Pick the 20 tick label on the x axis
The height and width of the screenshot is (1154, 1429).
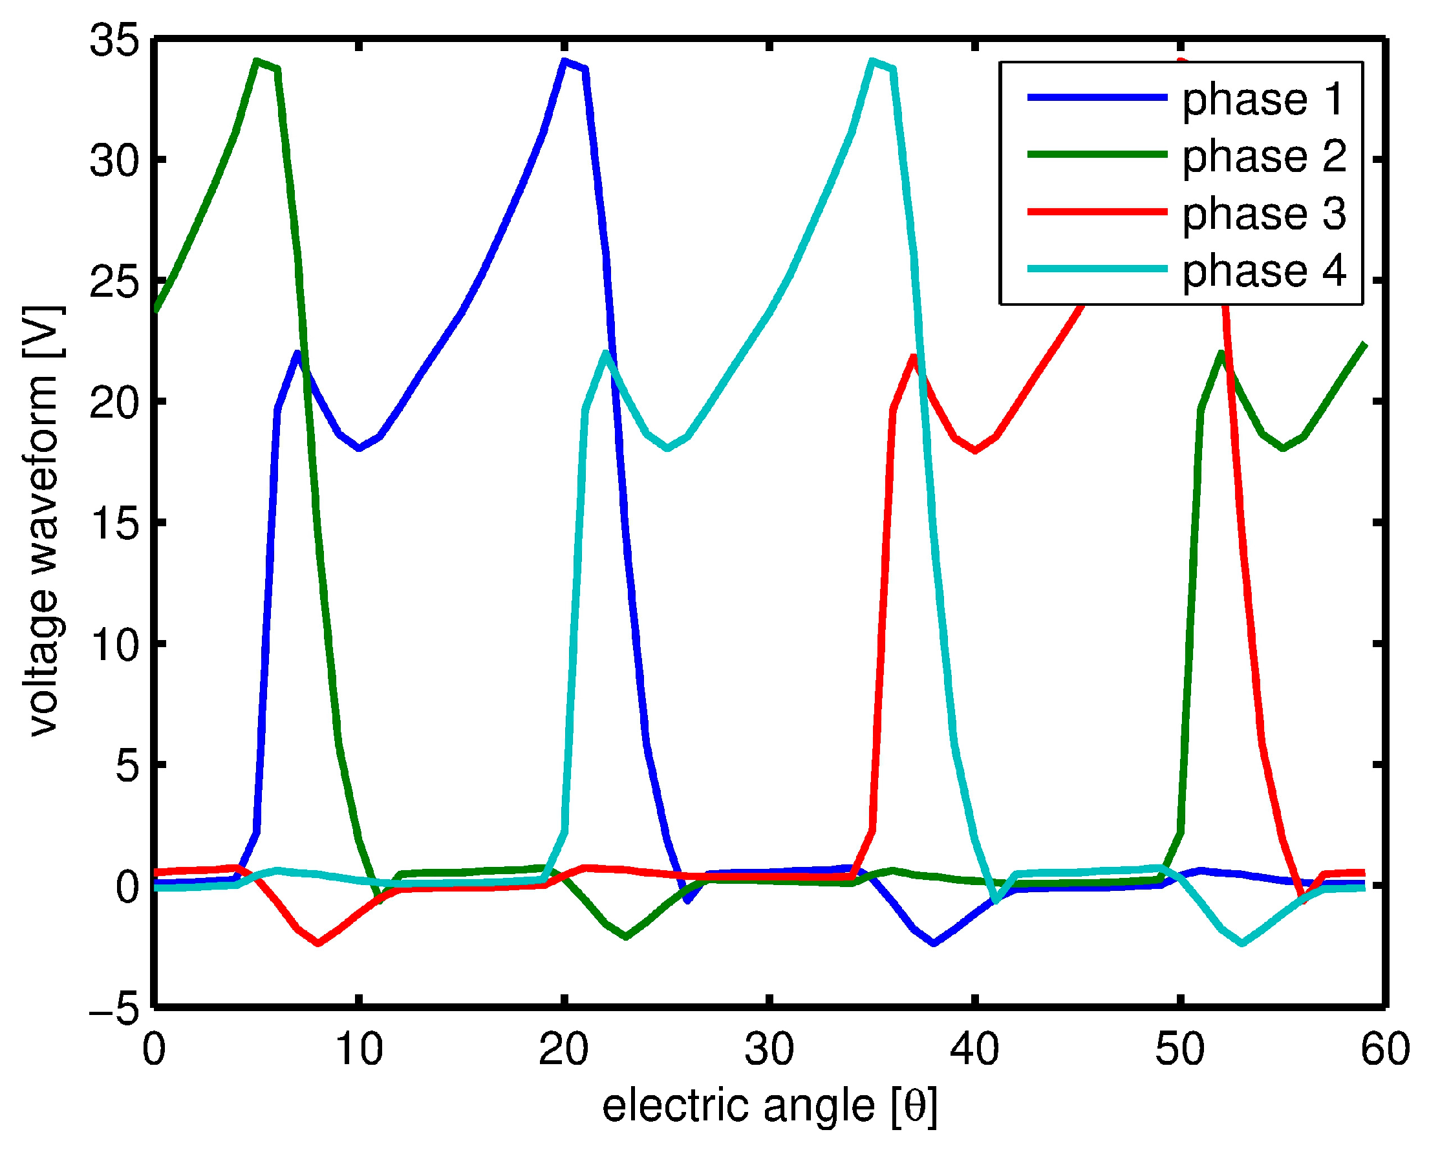pos(564,1051)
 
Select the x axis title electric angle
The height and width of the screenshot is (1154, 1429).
pos(769,1107)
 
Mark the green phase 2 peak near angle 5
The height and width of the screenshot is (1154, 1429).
pos(257,61)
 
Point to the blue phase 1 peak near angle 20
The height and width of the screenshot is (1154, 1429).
pos(564,61)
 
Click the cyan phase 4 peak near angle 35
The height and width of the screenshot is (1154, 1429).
pos(872,61)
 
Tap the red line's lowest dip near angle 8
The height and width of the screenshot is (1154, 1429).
pos(319,943)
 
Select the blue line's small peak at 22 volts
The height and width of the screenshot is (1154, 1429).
pos(297,353)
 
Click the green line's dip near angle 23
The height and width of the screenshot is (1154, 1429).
pos(626,937)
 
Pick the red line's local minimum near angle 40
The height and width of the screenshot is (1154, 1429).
pos(975,451)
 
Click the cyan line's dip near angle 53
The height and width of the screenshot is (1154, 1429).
pos(1241,943)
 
